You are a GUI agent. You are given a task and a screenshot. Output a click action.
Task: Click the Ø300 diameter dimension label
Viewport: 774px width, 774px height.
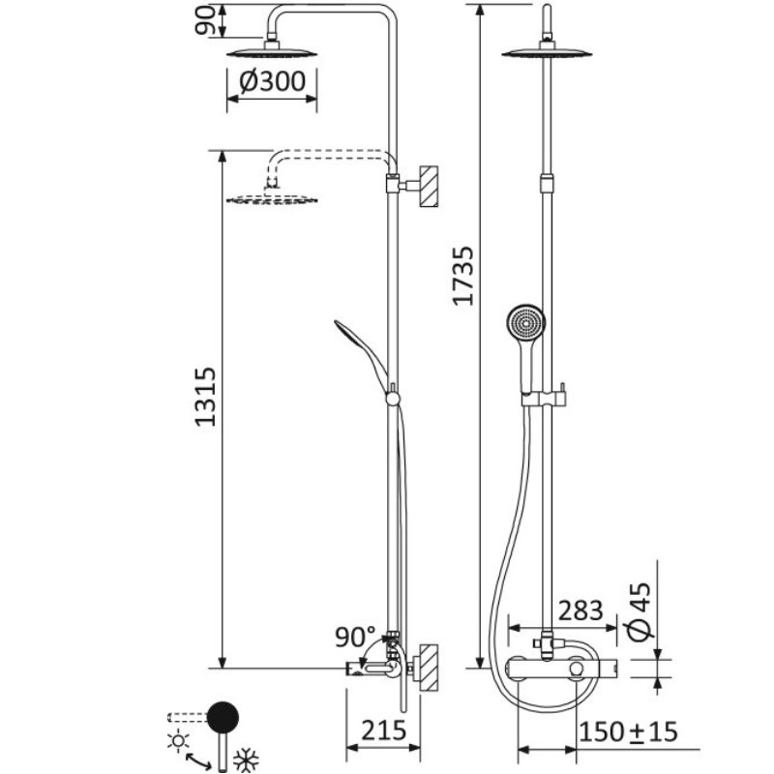(272, 81)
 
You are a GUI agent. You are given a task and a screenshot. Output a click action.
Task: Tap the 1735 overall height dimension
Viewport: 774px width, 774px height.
(464, 276)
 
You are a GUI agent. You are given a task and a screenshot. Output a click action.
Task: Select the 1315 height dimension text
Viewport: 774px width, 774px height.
(205, 397)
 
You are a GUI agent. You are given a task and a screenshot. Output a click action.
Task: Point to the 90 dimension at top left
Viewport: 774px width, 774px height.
(206, 20)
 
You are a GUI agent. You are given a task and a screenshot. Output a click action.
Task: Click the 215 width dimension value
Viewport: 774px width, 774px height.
(383, 730)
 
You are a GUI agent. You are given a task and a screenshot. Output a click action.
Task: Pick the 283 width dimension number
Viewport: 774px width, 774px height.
(580, 610)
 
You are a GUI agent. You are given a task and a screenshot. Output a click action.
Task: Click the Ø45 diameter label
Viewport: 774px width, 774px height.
(640, 610)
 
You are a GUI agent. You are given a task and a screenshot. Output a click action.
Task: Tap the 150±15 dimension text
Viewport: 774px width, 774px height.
(628, 731)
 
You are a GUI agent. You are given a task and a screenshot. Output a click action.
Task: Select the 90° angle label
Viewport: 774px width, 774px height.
(355, 637)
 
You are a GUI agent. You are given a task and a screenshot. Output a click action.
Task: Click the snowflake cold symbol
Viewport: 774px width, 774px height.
(246, 759)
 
